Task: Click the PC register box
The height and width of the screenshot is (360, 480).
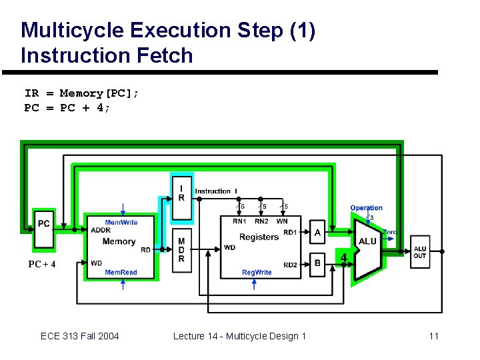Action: [x=44, y=223]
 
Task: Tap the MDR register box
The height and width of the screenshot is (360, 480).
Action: [x=181, y=250]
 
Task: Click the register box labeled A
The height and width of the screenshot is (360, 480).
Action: [x=317, y=232]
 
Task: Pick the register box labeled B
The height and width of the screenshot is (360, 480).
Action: [x=317, y=263]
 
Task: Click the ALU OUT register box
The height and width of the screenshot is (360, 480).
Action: [x=420, y=253]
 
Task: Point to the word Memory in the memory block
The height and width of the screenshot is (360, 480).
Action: [x=119, y=241]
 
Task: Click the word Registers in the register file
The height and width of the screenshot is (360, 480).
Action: [x=259, y=237]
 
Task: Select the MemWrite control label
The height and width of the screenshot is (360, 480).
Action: [x=121, y=223]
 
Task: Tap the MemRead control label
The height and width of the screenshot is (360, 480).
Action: [x=121, y=273]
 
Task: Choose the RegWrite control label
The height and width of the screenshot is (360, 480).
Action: [x=257, y=273]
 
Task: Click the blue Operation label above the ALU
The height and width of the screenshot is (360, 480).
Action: [x=366, y=208]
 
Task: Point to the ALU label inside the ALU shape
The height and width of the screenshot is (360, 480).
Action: [x=367, y=241]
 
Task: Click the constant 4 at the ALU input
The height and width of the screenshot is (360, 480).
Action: [x=344, y=257]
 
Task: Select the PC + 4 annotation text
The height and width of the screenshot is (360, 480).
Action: [x=41, y=265]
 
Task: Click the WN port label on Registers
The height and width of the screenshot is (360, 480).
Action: [x=282, y=221]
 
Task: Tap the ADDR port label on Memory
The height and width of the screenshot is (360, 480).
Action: [x=101, y=231]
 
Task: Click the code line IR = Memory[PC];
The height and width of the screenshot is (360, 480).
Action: [x=82, y=94]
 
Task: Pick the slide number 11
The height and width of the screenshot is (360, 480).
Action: [x=433, y=336]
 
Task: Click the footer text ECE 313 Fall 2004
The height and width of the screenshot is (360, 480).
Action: [x=79, y=336]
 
